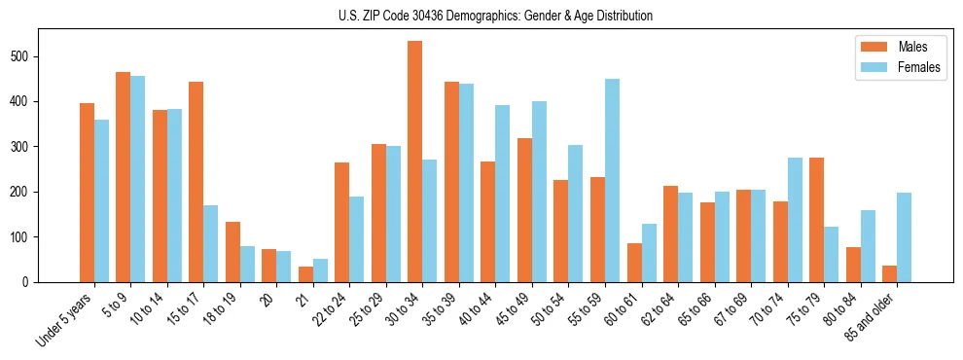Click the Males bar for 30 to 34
pyautogui.click(x=415, y=162)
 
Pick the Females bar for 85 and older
pyautogui.click(x=904, y=237)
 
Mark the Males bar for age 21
pyautogui.click(x=305, y=274)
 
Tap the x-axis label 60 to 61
pyautogui.click(x=617, y=310)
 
